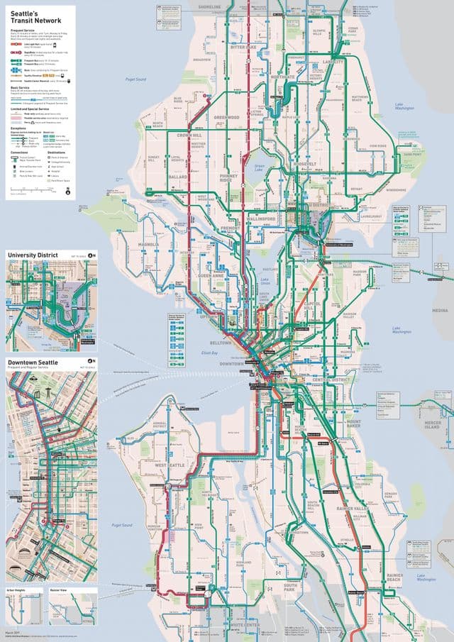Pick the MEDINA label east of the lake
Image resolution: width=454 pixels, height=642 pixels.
pyautogui.click(x=441, y=311)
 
